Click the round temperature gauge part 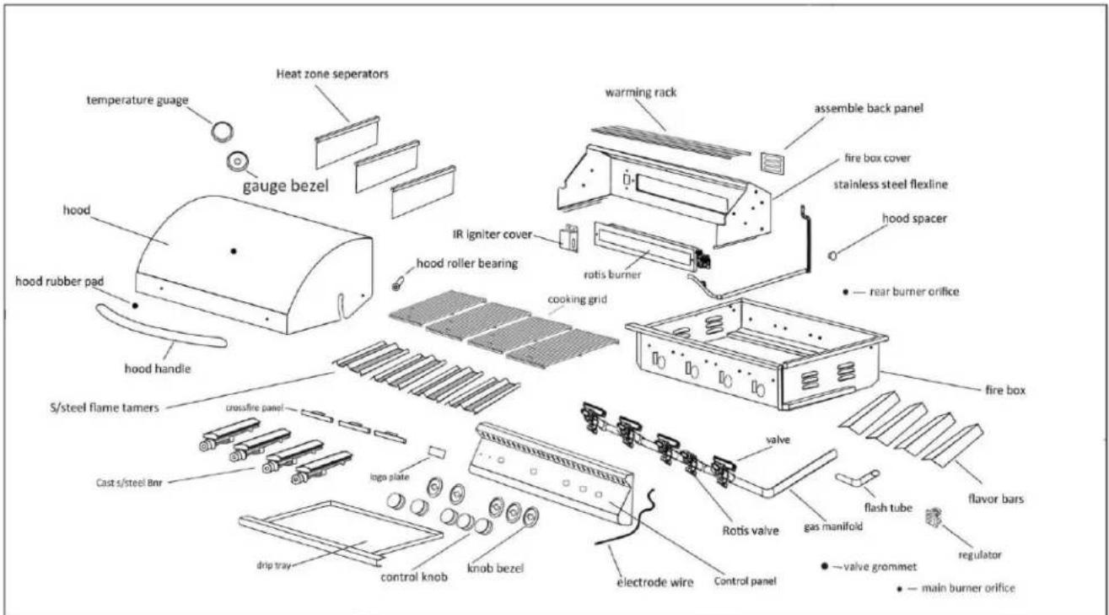(x=222, y=132)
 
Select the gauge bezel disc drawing (x=238, y=161)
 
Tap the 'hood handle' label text (x=158, y=369)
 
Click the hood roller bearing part (x=397, y=285)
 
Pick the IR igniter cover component (x=569, y=237)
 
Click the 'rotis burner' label (x=612, y=274)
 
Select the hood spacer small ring (x=832, y=256)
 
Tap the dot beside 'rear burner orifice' (x=846, y=292)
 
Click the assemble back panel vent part (x=773, y=163)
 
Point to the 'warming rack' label (x=641, y=92)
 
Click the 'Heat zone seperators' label (x=332, y=73)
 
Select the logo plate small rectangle (x=437, y=452)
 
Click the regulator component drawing (x=934, y=517)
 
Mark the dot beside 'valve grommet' (x=824, y=566)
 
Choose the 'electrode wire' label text (x=654, y=582)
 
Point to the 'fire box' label (x=1005, y=391)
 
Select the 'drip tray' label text (x=273, y=565)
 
